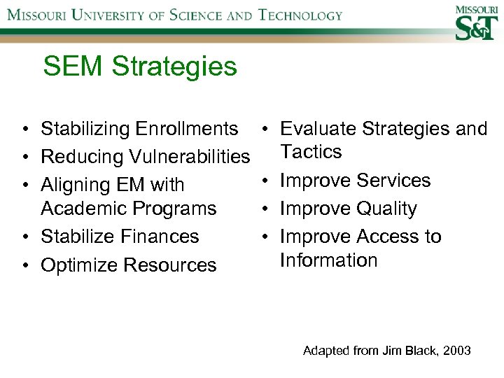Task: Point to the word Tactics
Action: point(311,152)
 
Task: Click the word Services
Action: point(393,181)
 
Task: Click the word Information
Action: point(328,260)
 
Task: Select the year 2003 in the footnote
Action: point(456,351)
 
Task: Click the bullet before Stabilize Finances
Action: point(24,237)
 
